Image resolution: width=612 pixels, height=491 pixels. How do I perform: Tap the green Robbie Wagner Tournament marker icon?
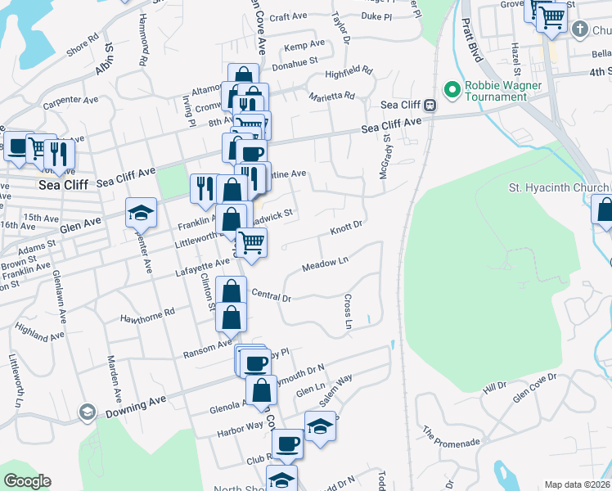(450, 88)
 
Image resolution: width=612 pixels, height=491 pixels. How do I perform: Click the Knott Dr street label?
(346, 226)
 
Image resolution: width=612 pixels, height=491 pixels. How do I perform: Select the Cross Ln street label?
(348, 313)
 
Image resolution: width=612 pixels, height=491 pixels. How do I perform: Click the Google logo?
(27, 481)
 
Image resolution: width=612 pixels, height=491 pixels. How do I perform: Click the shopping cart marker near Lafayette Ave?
(251, 241)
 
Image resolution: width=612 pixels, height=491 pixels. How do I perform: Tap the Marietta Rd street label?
(331, 96)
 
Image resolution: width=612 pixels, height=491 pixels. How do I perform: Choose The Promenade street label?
(450, 437)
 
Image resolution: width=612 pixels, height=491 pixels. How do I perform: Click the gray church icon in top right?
(580, 30)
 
